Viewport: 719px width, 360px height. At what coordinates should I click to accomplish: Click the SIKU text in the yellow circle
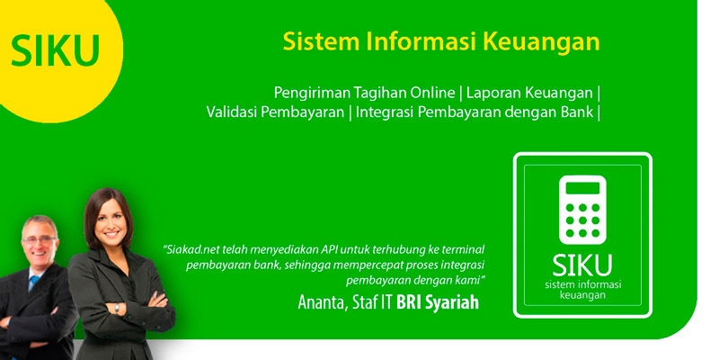click(55, 50)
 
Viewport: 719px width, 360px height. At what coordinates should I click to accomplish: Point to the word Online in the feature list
click(432, 93)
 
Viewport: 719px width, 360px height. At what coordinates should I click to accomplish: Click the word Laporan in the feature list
click(493, 94)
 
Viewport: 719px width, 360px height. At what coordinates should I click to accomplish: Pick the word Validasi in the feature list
click(231, 112)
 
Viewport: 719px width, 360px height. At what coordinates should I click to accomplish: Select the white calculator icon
click(582, 210)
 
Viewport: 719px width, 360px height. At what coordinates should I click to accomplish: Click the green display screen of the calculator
click(582, 188)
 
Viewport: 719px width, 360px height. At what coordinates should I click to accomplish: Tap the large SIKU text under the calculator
click(582, 265)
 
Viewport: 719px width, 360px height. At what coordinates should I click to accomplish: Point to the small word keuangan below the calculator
click(582, 295)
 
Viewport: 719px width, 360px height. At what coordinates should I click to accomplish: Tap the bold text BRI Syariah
click(438, 303)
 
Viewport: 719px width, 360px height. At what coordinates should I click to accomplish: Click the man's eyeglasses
click(40, 239)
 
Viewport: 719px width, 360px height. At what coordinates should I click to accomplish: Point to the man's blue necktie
click(33, 283)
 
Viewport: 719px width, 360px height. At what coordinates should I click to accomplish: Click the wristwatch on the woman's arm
click(117, 308)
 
